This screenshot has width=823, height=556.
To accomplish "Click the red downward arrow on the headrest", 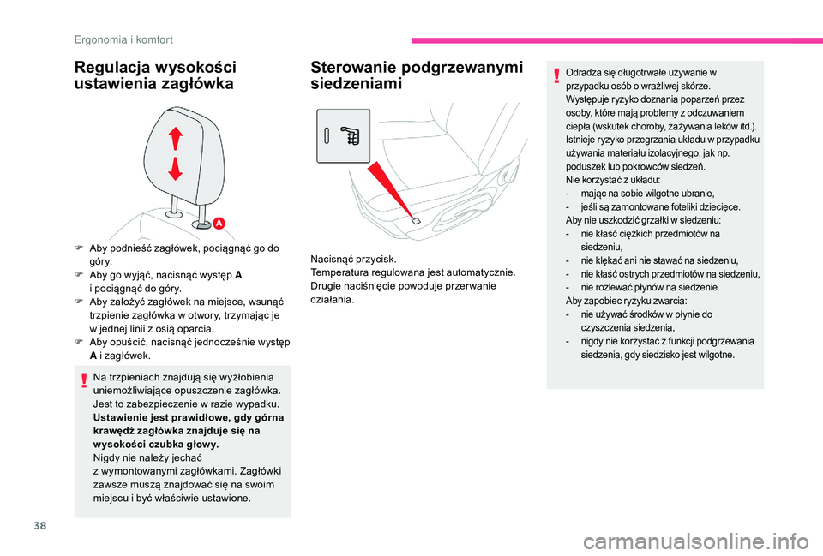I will (x=176, y=169).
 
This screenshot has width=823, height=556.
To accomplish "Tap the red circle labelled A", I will (x=219, y=223).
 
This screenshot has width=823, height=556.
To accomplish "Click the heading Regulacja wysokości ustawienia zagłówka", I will (x=154, y=75).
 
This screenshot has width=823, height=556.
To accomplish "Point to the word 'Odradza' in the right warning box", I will (x=583, y=73).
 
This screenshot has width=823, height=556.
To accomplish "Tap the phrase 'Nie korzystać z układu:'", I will (x=611, y=180).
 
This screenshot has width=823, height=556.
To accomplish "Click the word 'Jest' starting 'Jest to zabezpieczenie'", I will (x=102, y=403).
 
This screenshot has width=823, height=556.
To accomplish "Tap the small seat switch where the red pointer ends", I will (x=416, y=222).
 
